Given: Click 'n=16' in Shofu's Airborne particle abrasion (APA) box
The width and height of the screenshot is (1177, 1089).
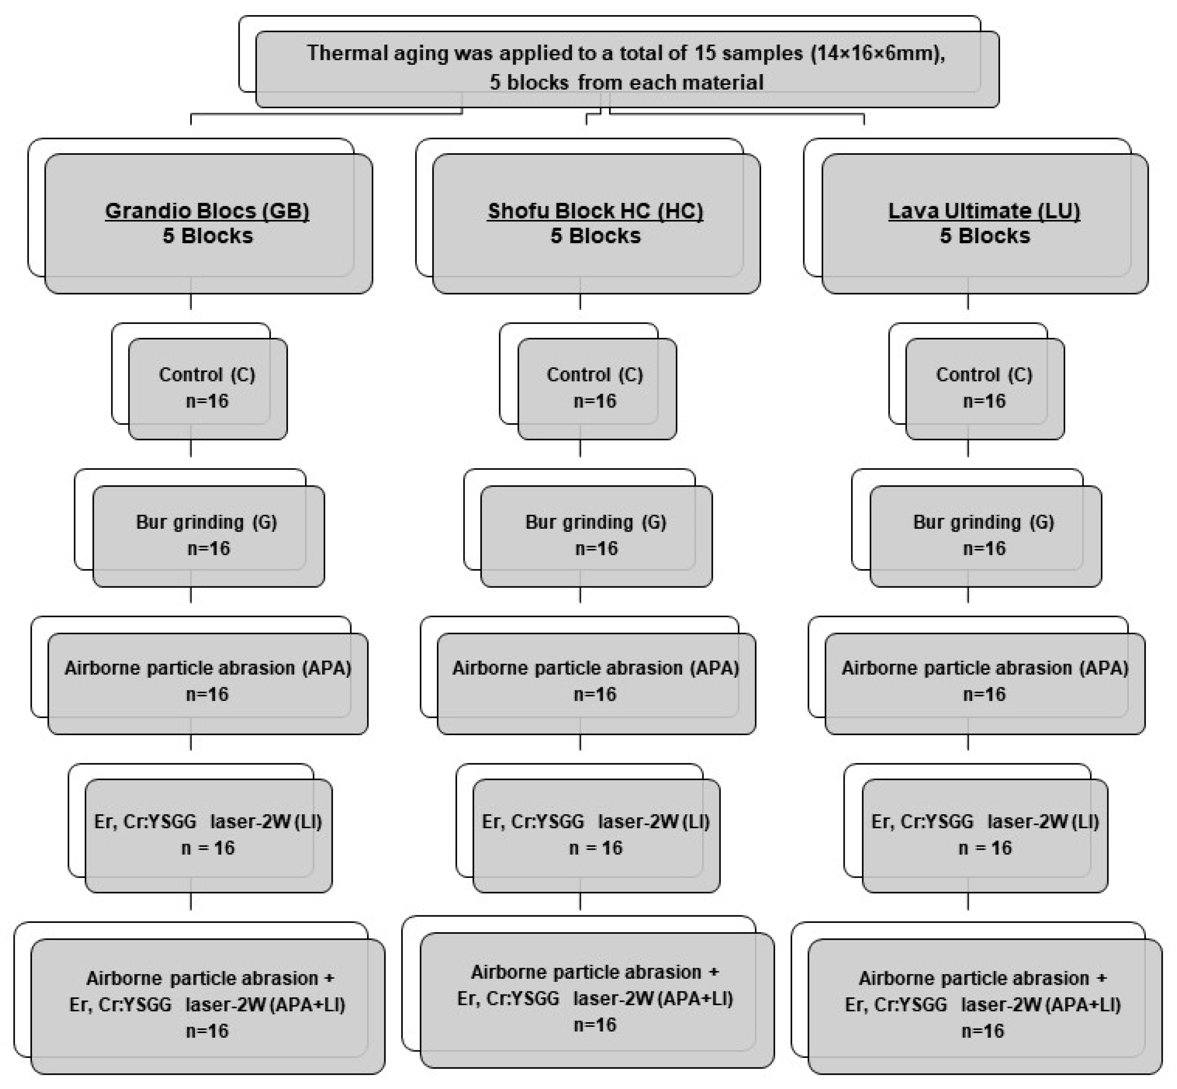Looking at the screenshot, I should (595, 694).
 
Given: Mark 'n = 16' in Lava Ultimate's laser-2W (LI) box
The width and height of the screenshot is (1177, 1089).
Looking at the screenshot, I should (984, 848).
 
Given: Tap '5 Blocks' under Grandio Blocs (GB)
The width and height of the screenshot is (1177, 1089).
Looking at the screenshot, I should (207, 236).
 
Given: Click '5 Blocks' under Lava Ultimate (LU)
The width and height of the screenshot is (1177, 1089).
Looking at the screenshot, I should (984, 236).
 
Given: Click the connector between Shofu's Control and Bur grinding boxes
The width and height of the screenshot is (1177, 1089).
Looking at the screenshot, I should (580, 448).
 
